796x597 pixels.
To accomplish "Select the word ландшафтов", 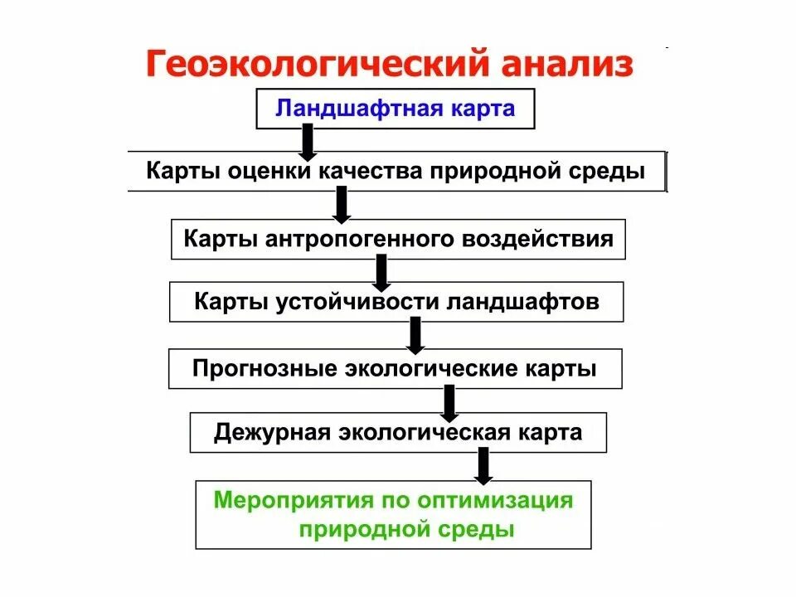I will pos(523,302).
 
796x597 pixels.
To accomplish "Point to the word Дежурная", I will pos(270,433).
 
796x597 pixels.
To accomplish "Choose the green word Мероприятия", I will pos(294,500).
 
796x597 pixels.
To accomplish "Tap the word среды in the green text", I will pos(478,530).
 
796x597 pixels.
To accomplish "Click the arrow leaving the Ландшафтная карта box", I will pos(308,143).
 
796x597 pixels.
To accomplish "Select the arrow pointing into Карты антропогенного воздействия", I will pos(341,205).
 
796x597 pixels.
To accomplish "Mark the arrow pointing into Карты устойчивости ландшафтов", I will pos(381,272).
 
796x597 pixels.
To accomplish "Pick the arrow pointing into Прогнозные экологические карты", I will pos(416,335).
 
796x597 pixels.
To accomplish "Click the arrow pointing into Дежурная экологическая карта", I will pos(449,402).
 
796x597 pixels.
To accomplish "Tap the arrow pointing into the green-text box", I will pos(483,466).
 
